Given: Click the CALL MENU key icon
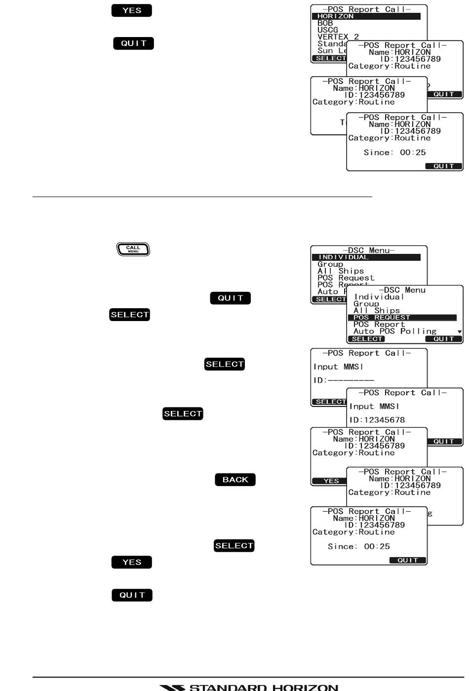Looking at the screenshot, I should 133,249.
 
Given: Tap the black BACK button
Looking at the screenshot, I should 235,480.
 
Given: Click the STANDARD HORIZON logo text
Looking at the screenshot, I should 249,687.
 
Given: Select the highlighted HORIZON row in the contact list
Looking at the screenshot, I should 366,16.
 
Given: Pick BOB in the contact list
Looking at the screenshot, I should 325,23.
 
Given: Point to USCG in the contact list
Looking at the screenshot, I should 327,30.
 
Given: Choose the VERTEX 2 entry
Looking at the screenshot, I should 338,37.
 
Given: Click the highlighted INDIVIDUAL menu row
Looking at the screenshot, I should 366,257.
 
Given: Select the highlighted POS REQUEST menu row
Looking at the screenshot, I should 402,318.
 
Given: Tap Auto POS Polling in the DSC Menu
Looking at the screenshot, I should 395,331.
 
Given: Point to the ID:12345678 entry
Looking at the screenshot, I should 377,420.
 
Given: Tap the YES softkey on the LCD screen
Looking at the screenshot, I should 331,481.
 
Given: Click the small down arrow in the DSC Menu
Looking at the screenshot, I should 460,332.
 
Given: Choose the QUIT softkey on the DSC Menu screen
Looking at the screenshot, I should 443,339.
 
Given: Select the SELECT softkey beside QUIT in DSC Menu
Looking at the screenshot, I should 367,339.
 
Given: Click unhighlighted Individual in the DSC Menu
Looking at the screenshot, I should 379,297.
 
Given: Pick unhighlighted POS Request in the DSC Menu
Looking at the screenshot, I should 346,278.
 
